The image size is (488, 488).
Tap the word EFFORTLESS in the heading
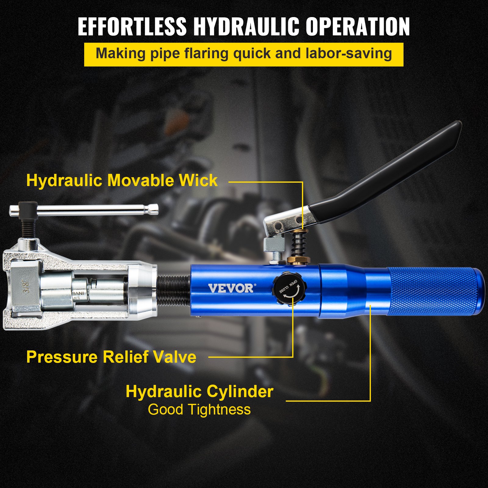(132, 27)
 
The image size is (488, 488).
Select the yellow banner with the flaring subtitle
(244, 54)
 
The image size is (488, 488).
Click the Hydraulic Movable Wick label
(122, 180)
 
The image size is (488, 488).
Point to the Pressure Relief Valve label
(111, 357)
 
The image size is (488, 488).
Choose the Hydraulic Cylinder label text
(199, 391)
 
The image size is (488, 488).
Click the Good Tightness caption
(199, 409)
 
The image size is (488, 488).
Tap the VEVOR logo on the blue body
(231, 288)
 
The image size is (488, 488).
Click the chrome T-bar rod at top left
(91, 210)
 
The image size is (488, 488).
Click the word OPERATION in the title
(357, 27)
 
